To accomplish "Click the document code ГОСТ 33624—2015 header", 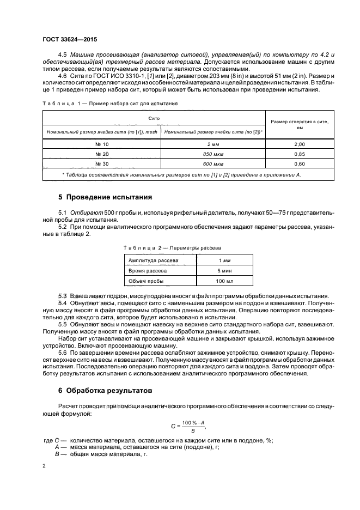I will (70, 40).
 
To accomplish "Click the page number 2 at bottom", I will (45, 466).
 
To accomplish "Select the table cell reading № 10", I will (102, 144).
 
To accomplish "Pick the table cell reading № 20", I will (102, 154).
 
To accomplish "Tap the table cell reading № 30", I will (102, 163).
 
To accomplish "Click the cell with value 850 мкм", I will (212, 154).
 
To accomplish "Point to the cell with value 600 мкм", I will (212, 163).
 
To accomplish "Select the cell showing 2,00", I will (299, 144).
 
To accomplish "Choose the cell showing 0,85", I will (299, 154).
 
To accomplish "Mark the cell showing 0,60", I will (299, 163).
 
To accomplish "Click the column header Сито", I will (154, 118).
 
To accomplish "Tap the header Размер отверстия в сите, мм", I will (299, 125).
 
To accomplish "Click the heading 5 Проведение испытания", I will (105, 196).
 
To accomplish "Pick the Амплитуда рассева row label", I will (149, 260).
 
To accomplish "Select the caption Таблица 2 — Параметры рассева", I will (179, 247).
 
